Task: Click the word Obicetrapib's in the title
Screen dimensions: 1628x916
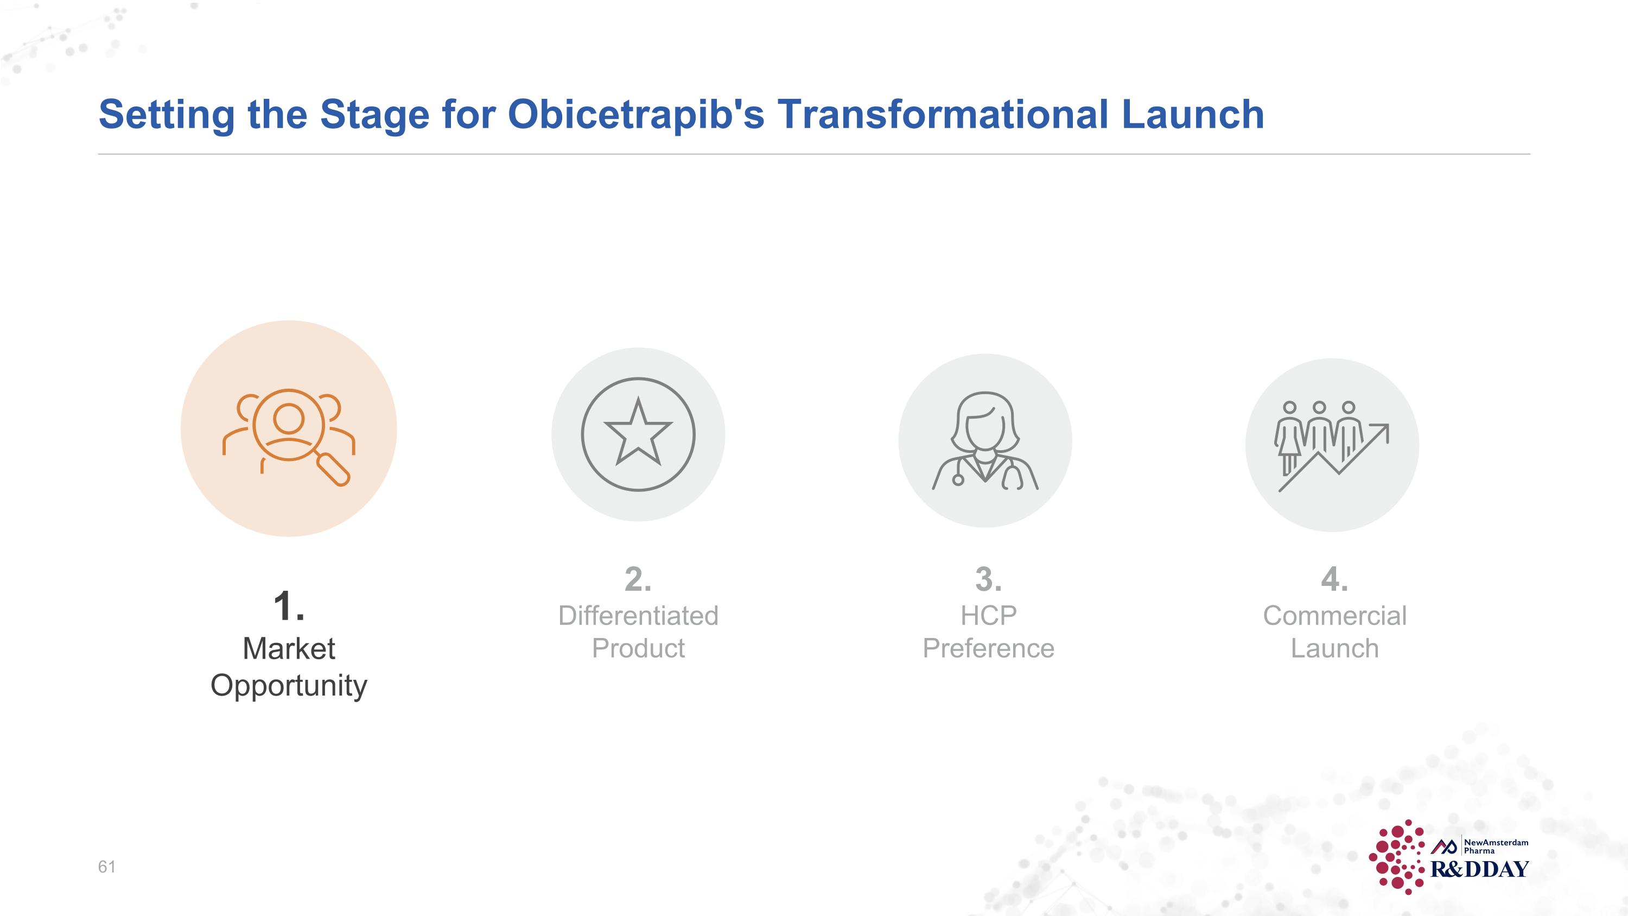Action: [636, 115]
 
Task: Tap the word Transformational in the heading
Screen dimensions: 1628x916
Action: [942, 115]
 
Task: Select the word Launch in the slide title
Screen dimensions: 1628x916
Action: [1193, 115]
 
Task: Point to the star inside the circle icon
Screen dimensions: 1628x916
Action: [638, 432]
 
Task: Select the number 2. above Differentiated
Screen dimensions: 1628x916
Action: [638, 579]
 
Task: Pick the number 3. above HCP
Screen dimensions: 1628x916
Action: [988, 579]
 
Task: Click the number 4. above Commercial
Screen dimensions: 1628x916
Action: [1334, 579]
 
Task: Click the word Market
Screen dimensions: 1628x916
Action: [289, 649]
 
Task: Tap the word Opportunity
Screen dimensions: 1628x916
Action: [289, 686]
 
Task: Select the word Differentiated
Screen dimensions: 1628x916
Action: [638, 616]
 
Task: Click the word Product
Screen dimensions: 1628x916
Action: [638, 648]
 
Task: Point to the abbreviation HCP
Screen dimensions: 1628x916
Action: [988, 616]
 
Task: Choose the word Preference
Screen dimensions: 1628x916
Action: [988, 648]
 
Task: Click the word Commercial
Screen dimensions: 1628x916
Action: [1335, 616]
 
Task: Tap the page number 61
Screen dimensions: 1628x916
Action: [107, 867]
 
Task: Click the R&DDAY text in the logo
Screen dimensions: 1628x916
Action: [1479, 869]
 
